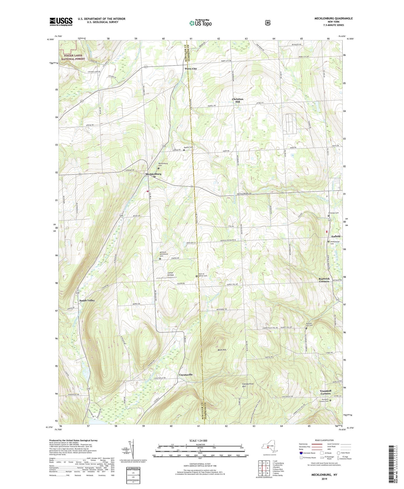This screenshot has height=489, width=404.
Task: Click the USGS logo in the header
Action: click(x=61, y=22)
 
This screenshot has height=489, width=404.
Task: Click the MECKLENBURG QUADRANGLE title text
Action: click(x=333, y=18)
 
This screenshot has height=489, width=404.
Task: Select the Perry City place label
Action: click(x=191, y=69)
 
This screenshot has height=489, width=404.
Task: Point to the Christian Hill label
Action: click(x=238, y=100)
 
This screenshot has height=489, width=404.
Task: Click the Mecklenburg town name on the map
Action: click(x=153, y=174)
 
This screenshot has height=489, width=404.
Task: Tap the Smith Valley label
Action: click(x=87, y=300)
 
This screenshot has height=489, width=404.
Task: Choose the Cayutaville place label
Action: click(x=186, y=375)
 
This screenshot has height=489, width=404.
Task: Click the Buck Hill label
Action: click(x=222, y=350)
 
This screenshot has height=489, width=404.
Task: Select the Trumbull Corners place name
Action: click(x=325, y=392)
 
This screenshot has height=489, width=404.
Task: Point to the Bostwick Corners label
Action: click(x=324, y=280)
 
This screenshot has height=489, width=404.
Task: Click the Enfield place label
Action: click(x=336, y=236)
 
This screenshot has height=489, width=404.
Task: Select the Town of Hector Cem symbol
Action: click(x=196, y=276)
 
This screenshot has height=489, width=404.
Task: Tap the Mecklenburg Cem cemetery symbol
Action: click(x=158, y=168)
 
